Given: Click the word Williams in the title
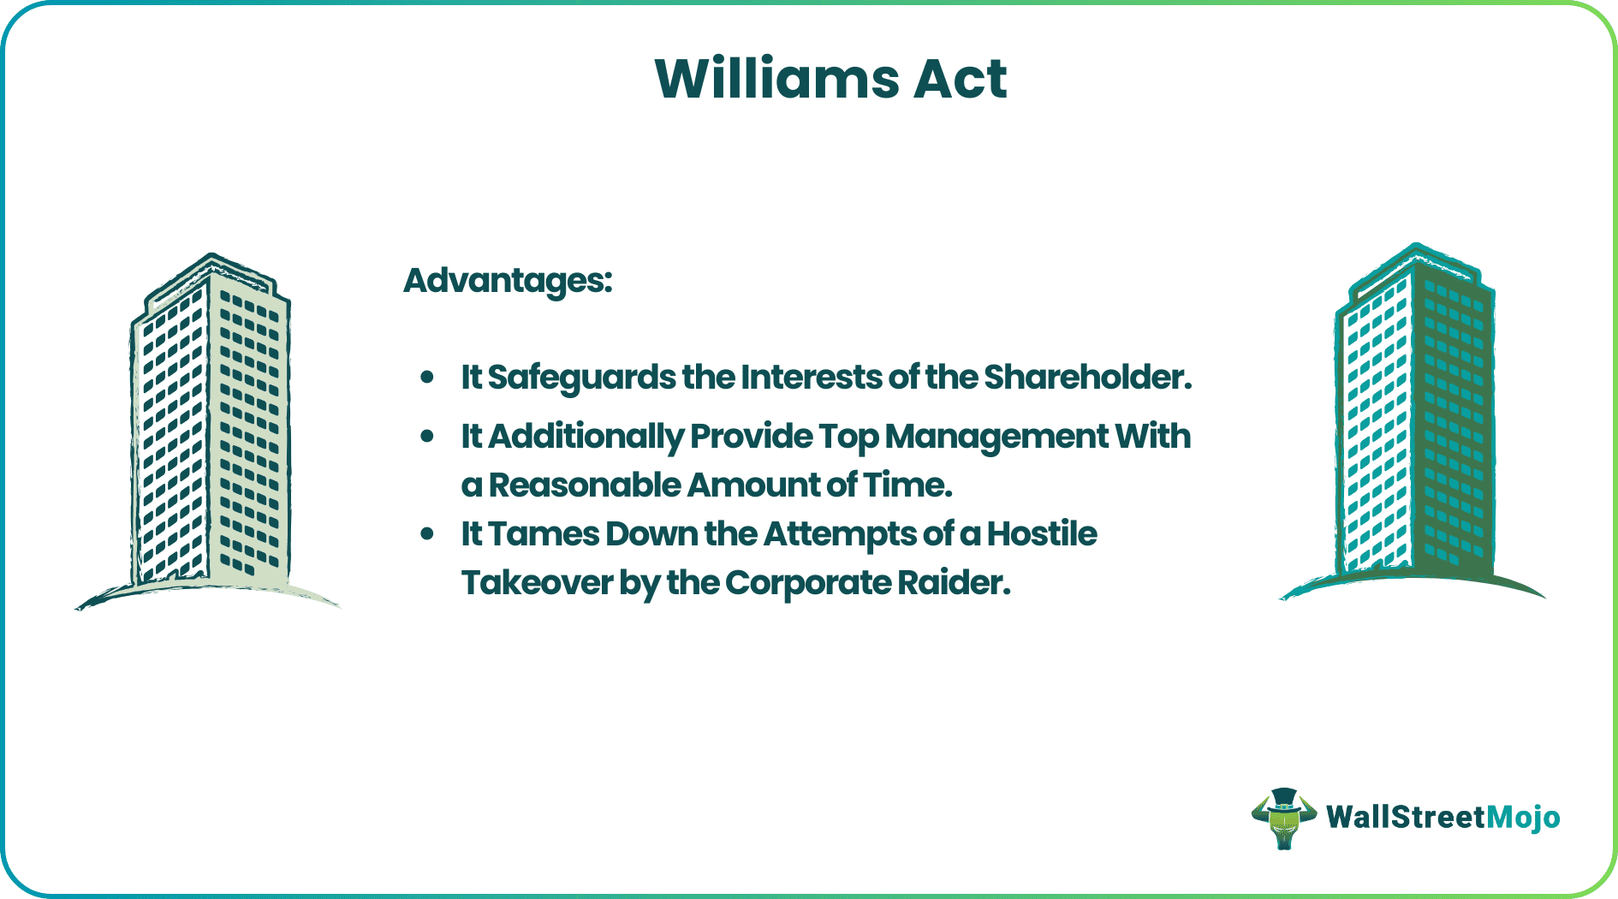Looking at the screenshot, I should tap(776, 79).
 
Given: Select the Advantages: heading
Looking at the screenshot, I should tap(508, 280).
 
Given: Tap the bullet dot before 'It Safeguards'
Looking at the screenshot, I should tap(427, 377).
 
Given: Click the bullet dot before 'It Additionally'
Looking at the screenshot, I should tap(427, 437).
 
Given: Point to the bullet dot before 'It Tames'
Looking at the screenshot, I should tap(427, 534).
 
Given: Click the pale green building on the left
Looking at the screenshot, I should tap(210, 428).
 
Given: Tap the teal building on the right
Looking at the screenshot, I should tap(1414, 420).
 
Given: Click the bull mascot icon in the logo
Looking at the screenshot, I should tap(1282, 818).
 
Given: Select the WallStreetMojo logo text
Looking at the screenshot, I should tap(1443, 818).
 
